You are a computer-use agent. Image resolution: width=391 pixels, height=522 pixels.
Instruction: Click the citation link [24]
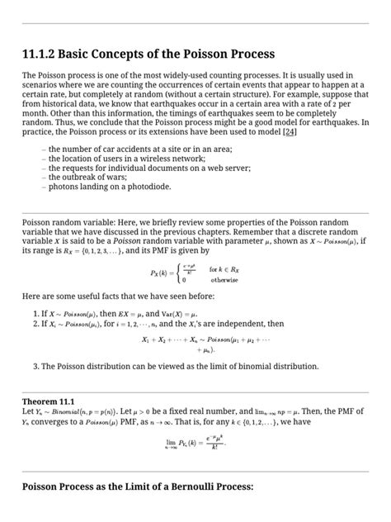tap(290, 131)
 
